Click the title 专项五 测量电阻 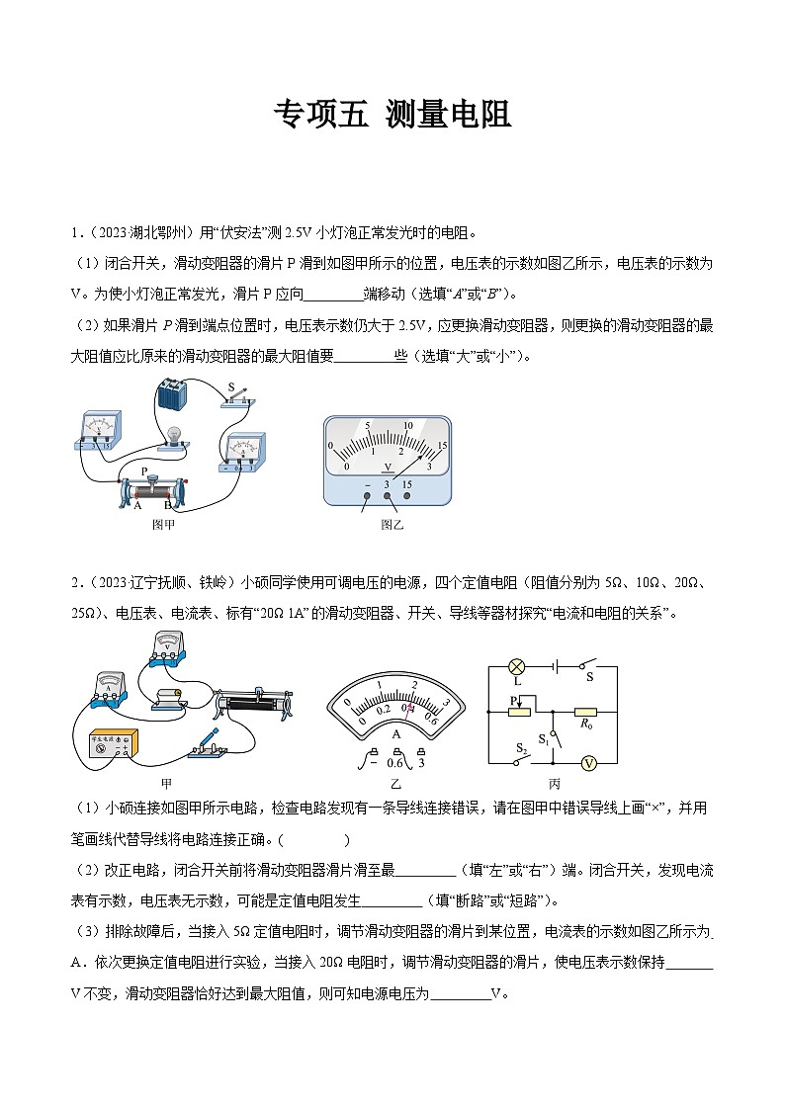point(392,115)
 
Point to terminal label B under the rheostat point(168,505)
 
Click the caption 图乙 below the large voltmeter point(392,525)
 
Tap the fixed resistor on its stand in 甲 point(168,698)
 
